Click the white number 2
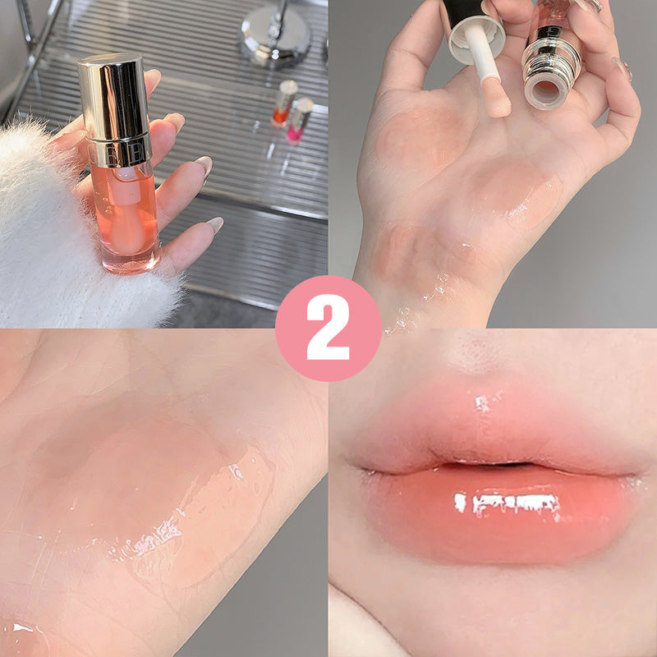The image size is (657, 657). tap(328, 328)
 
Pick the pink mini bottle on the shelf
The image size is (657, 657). tap(298, 122)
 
